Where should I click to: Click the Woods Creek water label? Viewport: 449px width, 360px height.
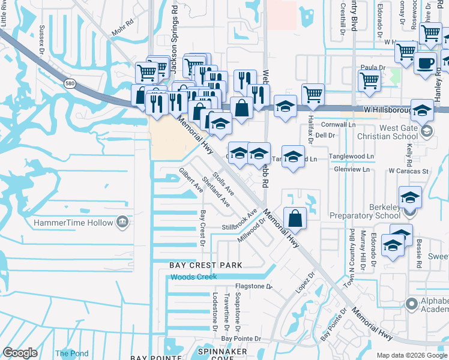[193, 277]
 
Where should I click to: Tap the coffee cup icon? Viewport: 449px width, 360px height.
[426, 62]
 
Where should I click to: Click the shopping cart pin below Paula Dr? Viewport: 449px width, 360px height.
[369, 80]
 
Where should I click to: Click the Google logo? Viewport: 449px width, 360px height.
[20, 353]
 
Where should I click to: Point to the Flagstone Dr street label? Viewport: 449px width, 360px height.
[253, 287]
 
